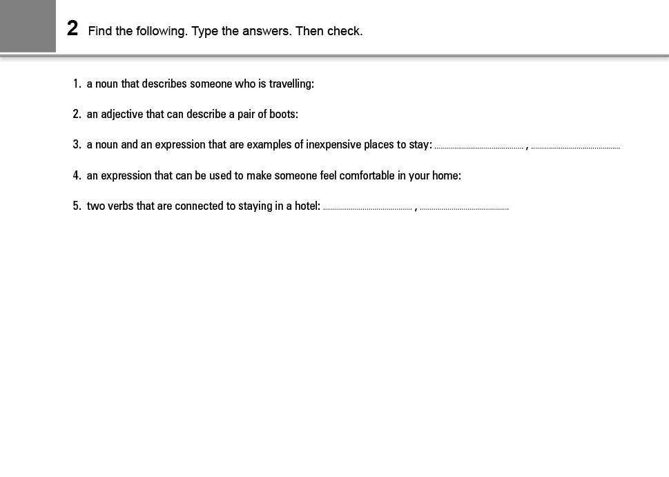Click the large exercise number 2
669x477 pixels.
tap(72, 29)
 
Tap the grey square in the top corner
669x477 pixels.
tap(28, 26)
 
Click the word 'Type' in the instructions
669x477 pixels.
tap(204, 31)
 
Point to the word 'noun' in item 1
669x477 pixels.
tap(106, 84)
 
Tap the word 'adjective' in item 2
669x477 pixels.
tap(122, 115)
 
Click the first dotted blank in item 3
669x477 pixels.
tap(478, 146)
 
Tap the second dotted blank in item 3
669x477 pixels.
tap(575, 146)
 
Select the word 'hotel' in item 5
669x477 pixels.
tap(307, 206)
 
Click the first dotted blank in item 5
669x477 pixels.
tap(367, 208)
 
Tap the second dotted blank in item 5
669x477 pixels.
tap(464, 208)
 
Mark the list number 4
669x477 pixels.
tap(77, 176)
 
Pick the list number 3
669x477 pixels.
tap(77, 145)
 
